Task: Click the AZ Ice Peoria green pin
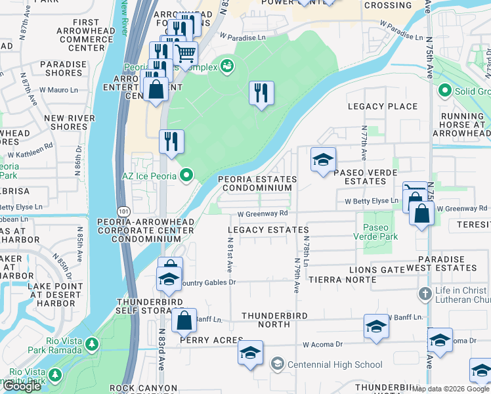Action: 186,175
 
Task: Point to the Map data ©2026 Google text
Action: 450,389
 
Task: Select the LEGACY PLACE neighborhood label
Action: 383,106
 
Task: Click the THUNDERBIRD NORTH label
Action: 265,320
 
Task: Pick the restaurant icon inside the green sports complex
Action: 261,93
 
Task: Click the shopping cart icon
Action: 186,53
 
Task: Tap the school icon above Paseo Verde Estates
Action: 323,160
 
